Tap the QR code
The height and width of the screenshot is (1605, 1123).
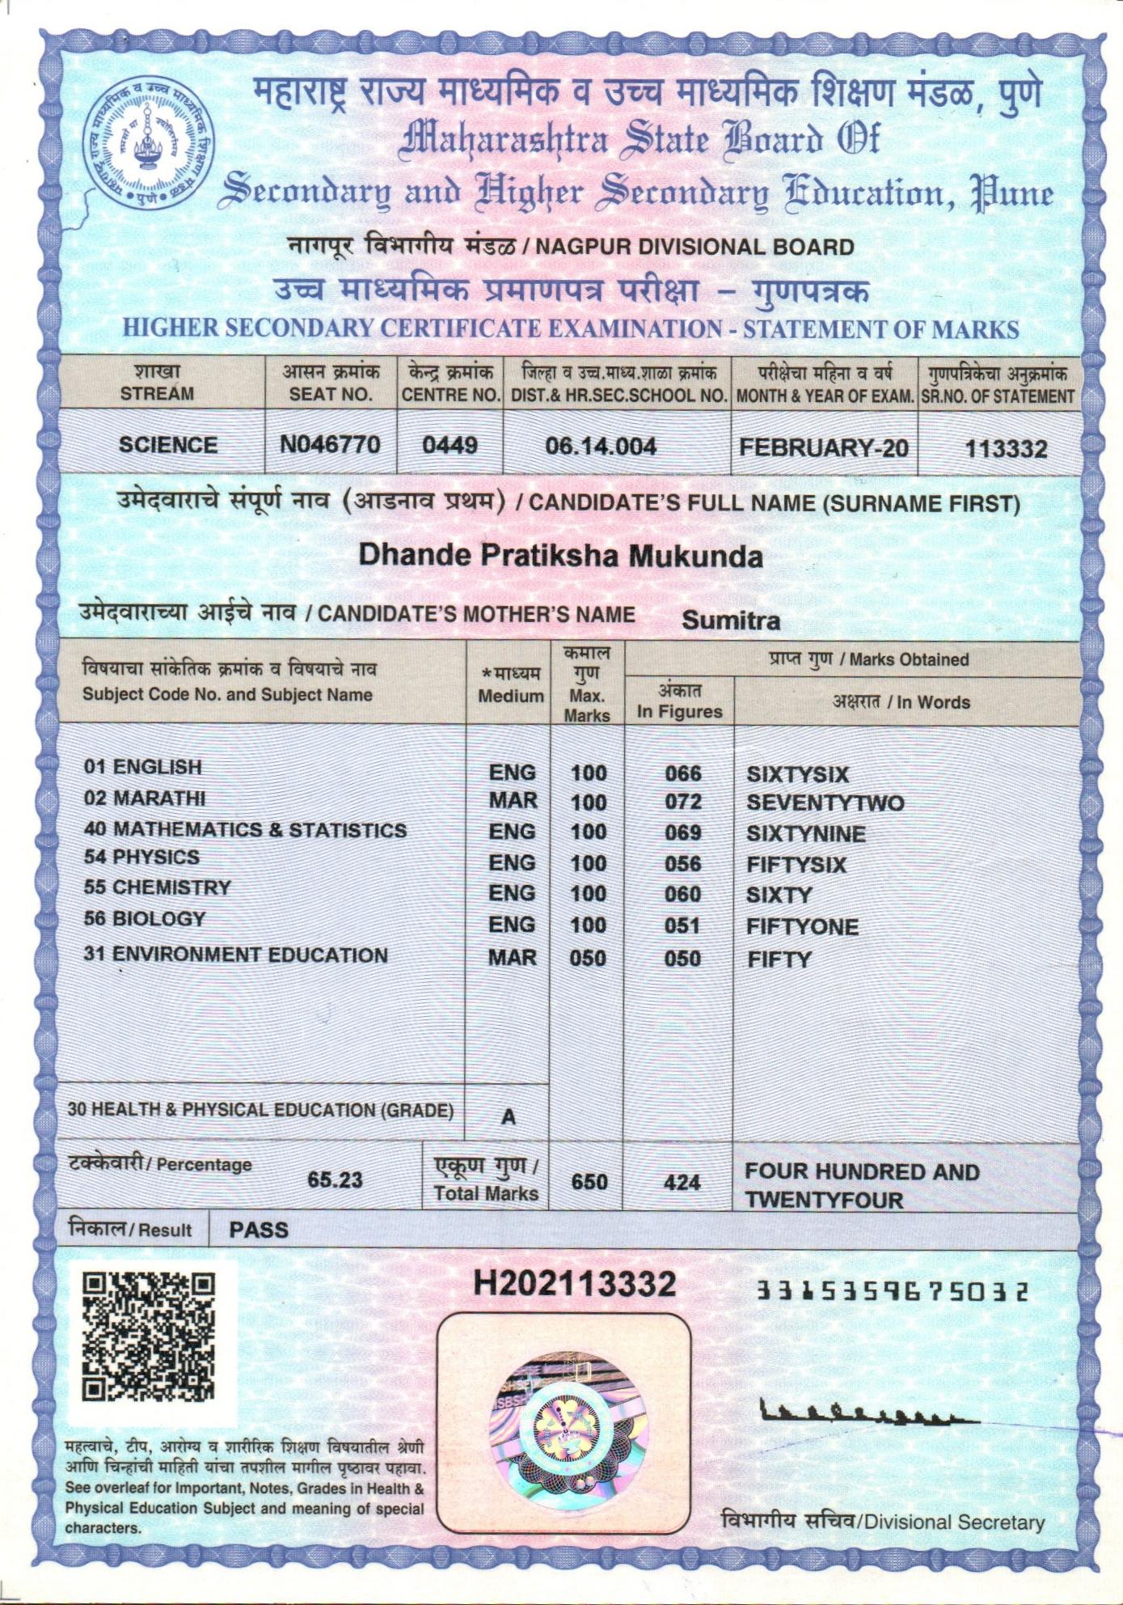tap(150, 1338)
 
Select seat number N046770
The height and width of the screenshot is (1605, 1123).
tap(330, 444)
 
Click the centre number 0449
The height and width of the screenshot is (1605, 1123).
tap(450, 445)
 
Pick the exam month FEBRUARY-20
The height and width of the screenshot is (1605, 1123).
tap(823, 447)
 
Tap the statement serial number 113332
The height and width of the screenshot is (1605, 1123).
tap(1006, 448)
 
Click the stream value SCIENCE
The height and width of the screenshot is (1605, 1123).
tap(168, 445)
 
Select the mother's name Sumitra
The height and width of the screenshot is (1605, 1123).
tap(731, 620)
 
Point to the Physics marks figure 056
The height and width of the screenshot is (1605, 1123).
tap(682, 863)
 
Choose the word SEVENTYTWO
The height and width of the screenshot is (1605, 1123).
tap(825, 803)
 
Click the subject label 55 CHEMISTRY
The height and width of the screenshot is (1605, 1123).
tap(158, 887)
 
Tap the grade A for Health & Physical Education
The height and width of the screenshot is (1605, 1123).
tap(508, 1116)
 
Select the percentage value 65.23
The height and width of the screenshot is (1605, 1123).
tap(335, 1179)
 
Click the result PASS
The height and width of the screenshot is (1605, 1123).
tap(259, 1230)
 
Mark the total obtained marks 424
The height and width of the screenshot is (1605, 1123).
tap(682, 1182)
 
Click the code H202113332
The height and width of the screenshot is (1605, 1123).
tap(574, 1284)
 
